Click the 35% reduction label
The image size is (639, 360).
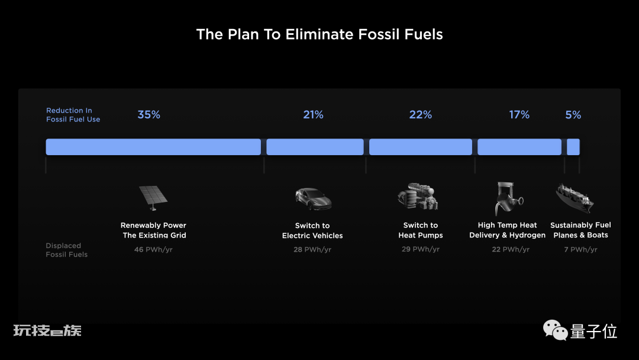[x=149, y=114]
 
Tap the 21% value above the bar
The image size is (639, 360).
[x=313, y=114]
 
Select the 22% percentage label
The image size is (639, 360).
[x=421, y=114]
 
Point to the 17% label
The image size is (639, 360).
[x=519, y=114]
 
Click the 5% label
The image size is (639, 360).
[x=573, y=114]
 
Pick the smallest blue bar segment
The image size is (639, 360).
[x=573, y=147]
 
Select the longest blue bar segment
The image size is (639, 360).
[x=153, y=147]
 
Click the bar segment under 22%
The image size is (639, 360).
[x=421, y=147]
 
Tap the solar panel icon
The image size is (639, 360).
[x=153, y=198]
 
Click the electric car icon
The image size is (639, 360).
[x=313, y=199]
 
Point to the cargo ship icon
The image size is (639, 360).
[x=575, y=198]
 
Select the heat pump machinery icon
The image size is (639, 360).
[x=418, y=197]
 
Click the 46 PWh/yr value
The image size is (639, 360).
[x=153, y=249]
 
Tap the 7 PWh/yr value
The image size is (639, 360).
[x=581, y=249]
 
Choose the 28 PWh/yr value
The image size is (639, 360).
[x=312, y=249]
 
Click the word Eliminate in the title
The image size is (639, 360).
[x=319, y=34]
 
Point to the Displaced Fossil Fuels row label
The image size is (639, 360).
[x=66, y=250]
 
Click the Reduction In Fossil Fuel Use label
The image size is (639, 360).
[x=73, y=114]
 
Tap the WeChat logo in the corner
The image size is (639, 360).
[x=555, y=330]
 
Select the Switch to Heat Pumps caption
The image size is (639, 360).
[x=421, y=230]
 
